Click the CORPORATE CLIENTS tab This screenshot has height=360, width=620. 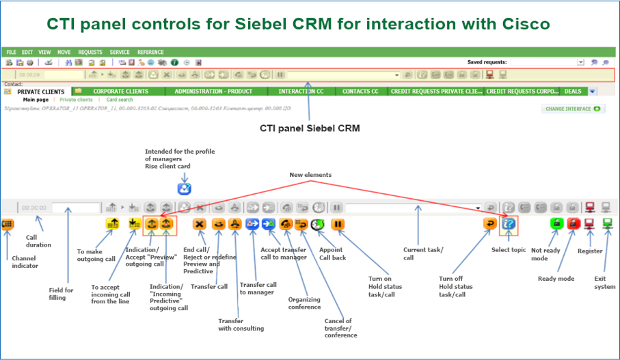[120, 92]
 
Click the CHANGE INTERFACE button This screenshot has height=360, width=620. [573, 109]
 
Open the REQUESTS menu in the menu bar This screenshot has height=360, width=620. [90, 52]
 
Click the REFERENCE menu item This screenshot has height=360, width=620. [150, 52]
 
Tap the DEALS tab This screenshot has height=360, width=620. [573, 92]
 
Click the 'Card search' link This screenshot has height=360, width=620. [120, 100]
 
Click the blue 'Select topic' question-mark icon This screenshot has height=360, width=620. [509, 223]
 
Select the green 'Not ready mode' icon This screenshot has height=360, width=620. [557, 223]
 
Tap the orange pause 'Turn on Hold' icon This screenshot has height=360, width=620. [338, 223]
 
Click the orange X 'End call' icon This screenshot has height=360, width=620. [200, 223]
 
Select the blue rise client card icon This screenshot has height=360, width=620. [184, 189]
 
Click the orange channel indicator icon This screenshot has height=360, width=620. [8, 223]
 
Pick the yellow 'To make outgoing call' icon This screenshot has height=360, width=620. [112, 223]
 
